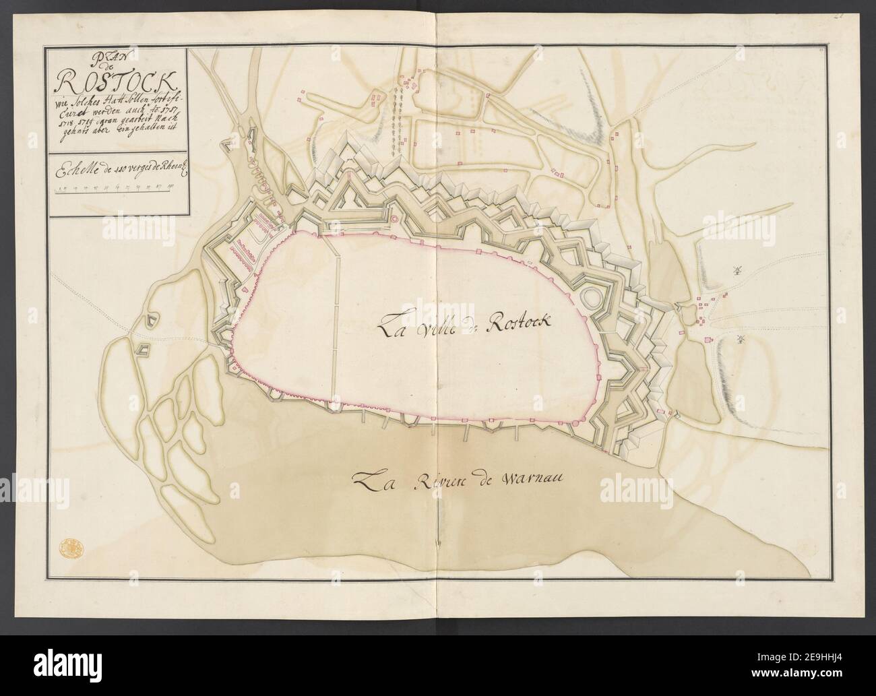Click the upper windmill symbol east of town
[x=736, y=271]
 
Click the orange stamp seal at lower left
[x=67, y=547]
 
